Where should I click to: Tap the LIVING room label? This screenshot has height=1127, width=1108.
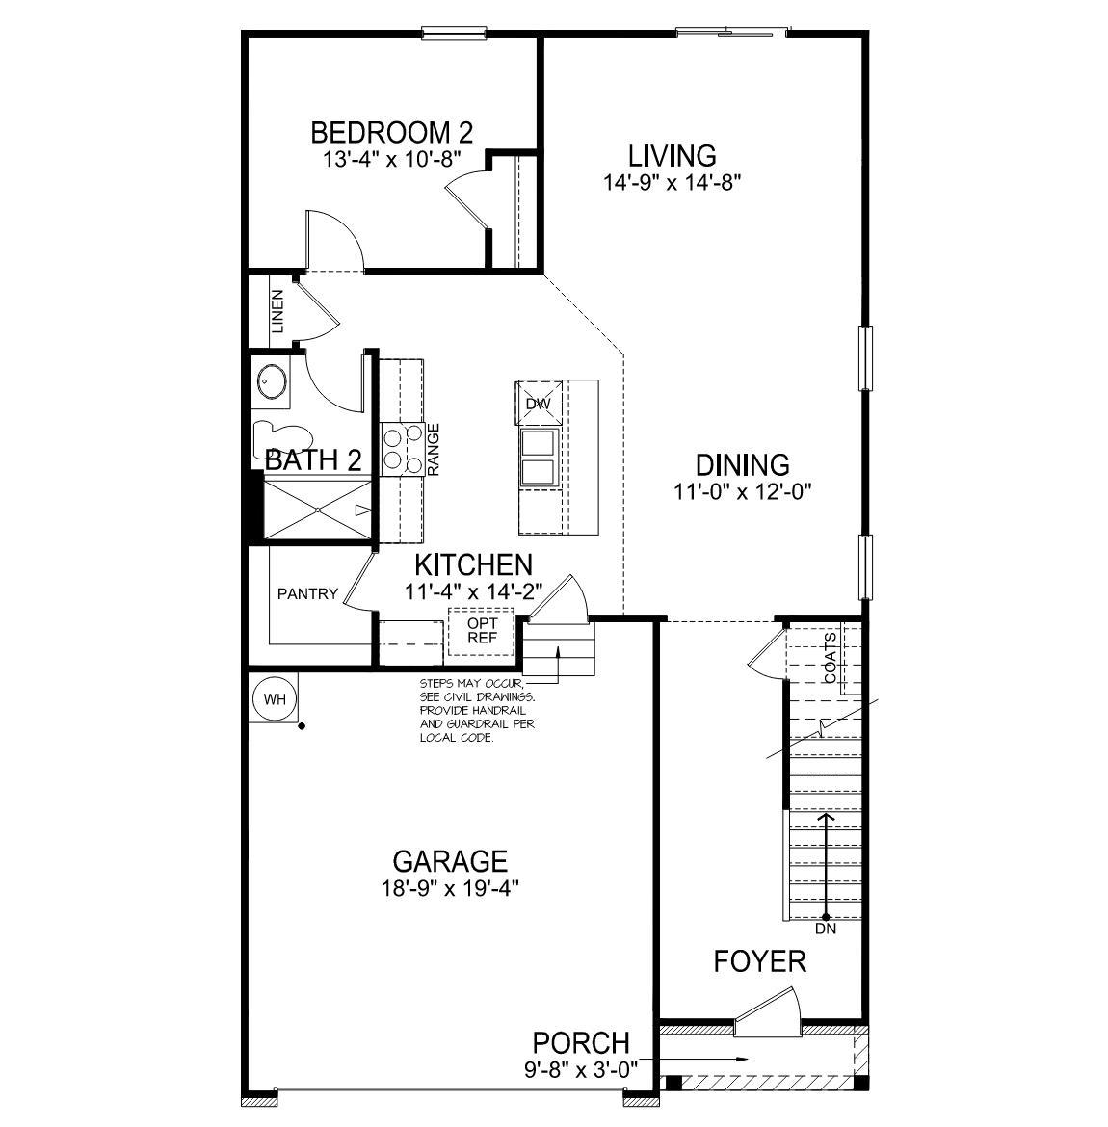(x=672, y=155)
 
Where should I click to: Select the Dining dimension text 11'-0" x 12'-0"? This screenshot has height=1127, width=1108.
(x=743, y=492)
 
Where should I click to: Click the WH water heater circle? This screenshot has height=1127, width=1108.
(x=275, y=699)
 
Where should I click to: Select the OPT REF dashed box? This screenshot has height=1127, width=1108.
(x=481, y=631)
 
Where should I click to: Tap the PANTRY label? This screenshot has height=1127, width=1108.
(x=307, y=593)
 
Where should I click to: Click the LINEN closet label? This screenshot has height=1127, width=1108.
(x=277, y=311)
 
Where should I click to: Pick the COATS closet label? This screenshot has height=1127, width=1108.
(x=831, y=659)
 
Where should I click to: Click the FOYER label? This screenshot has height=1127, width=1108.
(x=759, y=961)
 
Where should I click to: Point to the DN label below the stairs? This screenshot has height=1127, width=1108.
(x=826, y=930)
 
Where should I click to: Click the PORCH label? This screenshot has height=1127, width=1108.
(x=581, y=1042)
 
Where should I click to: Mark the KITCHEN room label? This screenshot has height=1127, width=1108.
(x=473, y=565)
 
